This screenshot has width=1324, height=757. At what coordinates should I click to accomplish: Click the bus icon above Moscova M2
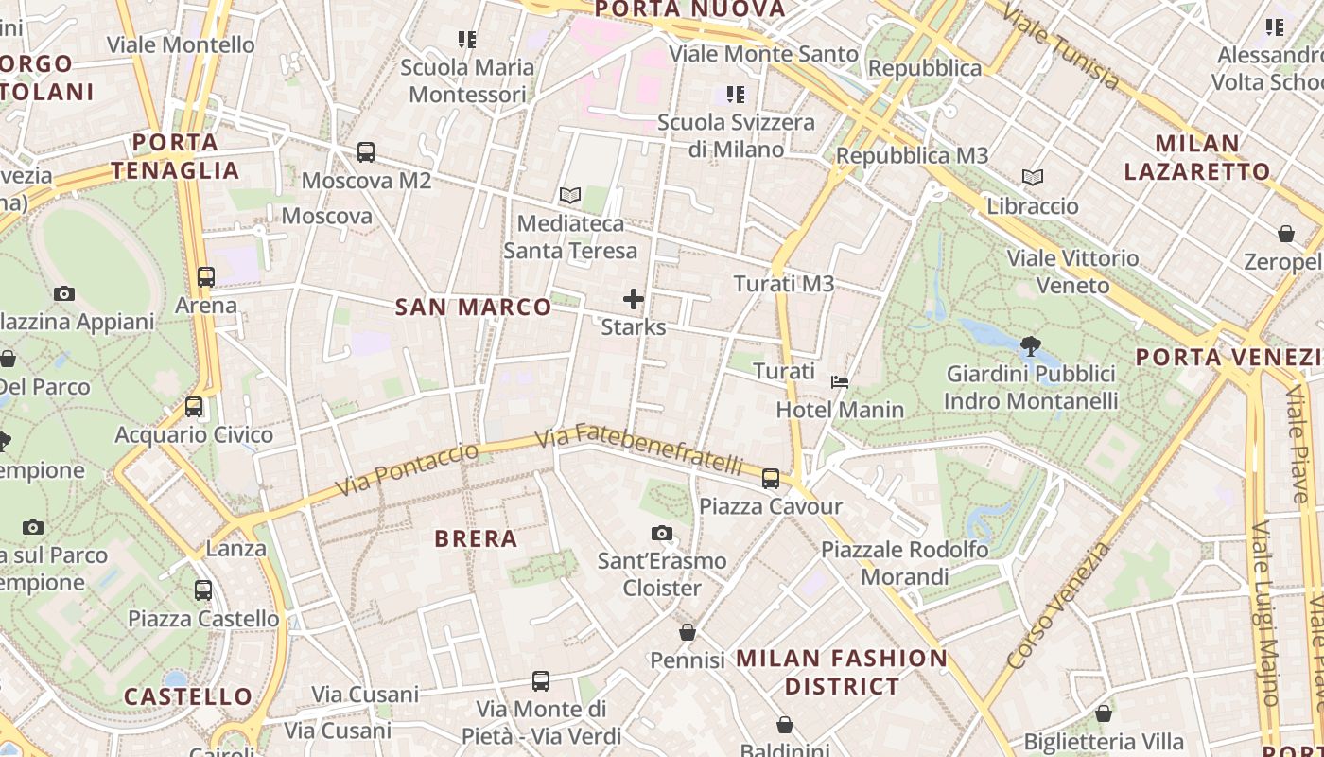[x=366, y=151]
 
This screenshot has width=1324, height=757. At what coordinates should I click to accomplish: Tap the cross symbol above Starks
[x=634, y=300]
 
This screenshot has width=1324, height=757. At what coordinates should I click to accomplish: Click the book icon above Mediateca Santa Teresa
[x=569, y=196]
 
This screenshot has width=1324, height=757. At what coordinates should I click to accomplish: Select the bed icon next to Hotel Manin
[x=840, y=382]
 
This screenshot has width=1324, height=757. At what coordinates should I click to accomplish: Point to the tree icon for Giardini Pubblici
[x=1031, y=345]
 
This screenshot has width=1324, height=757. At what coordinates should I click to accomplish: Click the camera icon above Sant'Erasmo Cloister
[x=662, y=534]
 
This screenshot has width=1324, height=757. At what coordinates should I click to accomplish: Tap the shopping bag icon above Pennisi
[x=688, y=632]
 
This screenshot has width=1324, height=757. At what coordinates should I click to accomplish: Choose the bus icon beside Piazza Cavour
[x=771, y=479]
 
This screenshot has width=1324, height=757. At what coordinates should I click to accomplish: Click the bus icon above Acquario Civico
[x=194, y=407]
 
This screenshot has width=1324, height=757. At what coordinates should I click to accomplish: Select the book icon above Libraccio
[x=1033, y=177]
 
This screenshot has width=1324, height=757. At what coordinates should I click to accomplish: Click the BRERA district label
[x=476, y=539]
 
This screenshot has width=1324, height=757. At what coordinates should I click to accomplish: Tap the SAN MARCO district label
[x=473, y=307]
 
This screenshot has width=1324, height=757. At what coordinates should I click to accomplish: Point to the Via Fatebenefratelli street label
[x=639, y=450]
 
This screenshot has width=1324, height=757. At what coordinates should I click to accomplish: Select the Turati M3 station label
[x=784, y=284]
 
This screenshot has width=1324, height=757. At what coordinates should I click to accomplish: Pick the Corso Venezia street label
[x=1059, y=606]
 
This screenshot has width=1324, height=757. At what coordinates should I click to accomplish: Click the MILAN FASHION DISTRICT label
[x=842, y=672]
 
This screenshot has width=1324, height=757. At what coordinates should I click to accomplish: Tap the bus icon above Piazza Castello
[x=203, y=590]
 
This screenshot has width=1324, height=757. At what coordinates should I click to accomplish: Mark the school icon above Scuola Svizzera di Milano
[x=736, y=94]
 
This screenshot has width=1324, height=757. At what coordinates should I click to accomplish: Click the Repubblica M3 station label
[x=913, y=155]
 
